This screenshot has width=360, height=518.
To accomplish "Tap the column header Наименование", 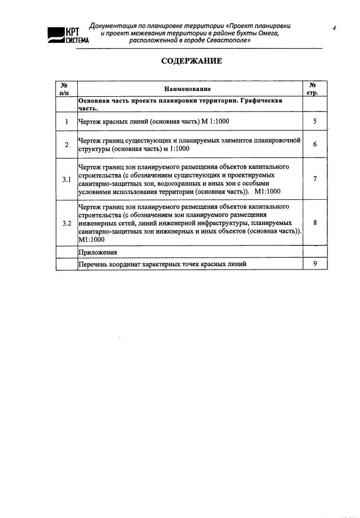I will tap(187, 89).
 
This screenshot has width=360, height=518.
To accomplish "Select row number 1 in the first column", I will tap(66, 121).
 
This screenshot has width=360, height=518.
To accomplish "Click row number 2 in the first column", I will tap(66, 145).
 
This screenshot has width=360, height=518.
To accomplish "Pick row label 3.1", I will tap(66, 180).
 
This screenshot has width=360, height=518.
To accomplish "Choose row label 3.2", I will tap(66, 223).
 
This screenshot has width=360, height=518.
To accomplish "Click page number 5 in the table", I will tap(315, 121).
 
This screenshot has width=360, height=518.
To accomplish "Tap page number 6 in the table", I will tap(315, 145).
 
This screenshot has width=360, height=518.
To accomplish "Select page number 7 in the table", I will tap(315, 179).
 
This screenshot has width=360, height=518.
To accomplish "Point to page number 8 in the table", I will tap(315, 223).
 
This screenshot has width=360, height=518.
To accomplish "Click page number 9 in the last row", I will tap(315, 263).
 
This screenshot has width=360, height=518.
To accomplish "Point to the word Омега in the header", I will tap(266, 34).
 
